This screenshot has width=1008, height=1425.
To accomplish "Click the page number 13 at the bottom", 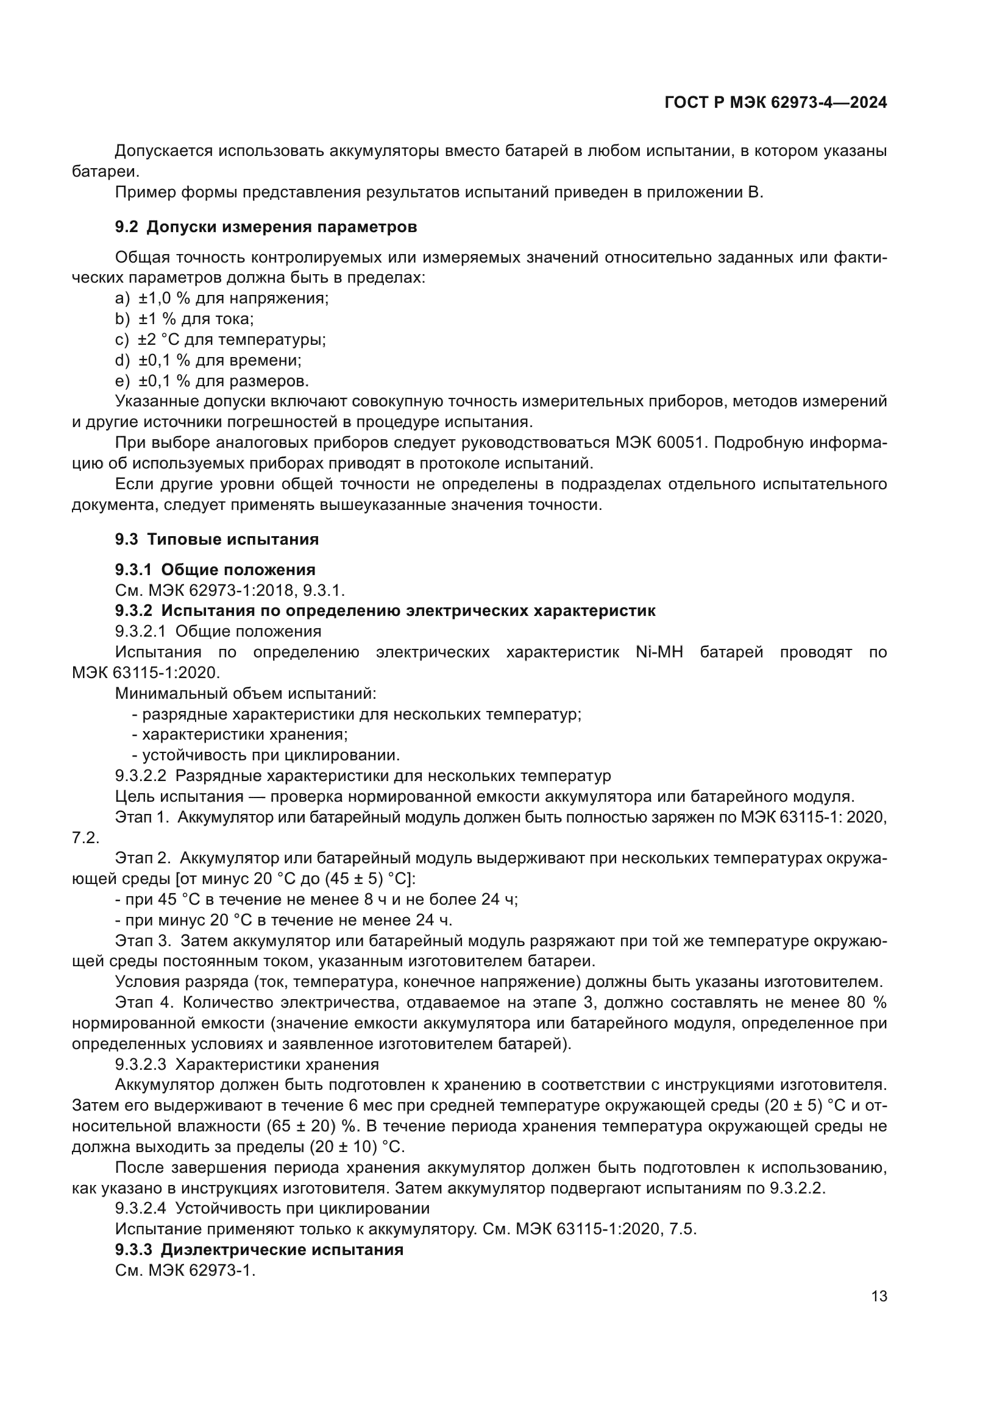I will tap(879, 1296).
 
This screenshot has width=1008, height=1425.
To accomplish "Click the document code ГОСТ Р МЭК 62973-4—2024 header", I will tap(775, 103).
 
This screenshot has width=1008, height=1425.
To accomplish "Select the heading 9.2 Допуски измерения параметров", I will tap(266, 227).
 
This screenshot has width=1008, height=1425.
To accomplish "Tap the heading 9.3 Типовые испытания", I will tap(216, 539).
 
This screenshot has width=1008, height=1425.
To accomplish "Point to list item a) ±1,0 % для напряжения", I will tap(222, 299).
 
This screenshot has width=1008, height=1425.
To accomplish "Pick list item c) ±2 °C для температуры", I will tap(221, 339).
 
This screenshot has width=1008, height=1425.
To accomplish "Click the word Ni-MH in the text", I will tap(659, 652).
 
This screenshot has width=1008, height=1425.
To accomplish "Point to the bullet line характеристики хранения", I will tap(240, 735).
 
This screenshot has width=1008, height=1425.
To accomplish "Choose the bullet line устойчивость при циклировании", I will tap(266, 755).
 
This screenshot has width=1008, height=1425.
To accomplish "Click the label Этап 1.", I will tap(142, 818).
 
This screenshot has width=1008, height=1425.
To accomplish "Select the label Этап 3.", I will tap(143, 941).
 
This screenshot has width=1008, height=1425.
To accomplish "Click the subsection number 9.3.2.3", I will tap(140, 1065).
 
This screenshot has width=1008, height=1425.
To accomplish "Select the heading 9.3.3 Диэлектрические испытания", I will tap(259, 1250).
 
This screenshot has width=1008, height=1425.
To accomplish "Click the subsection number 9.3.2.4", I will tap(140, 1208).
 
